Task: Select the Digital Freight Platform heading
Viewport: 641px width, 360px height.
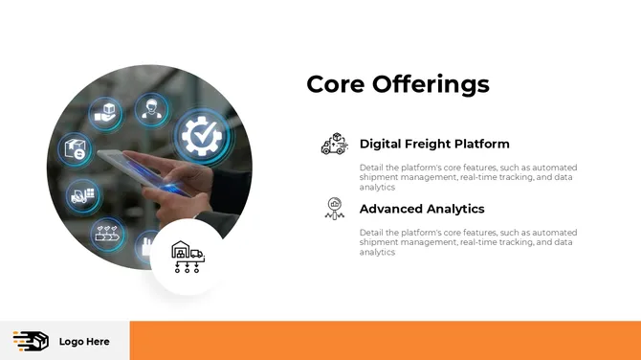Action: pos(434,145)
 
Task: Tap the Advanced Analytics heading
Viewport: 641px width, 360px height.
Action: pos(422,209)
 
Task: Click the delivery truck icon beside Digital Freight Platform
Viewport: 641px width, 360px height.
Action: pos(334,145)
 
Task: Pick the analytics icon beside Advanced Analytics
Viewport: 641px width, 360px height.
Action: pos(334,208)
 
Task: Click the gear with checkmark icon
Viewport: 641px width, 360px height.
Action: pos(202,136)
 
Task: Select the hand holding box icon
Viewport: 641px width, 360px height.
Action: pos(105,114)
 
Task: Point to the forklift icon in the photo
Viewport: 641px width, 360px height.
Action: pos(81,195)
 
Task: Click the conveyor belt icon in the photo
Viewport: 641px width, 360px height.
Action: pos(106,233)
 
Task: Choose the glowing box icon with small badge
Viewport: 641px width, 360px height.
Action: pos(75,148)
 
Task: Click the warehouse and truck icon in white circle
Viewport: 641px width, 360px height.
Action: pos(187,256)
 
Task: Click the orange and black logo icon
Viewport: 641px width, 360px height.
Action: pos(31,341)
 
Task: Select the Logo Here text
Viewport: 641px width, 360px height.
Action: pos(84,342)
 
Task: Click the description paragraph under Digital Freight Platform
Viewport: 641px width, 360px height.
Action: pos(468,177)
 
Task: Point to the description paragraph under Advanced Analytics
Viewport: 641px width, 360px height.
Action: pos(468,242)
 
